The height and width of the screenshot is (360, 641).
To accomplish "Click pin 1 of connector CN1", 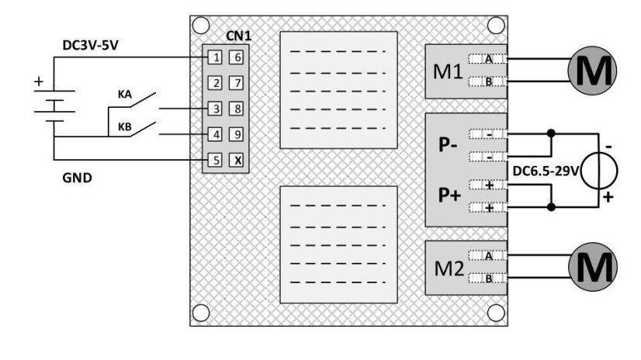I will [x=217, y=57].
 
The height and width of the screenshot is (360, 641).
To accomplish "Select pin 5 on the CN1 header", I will [x=217, y=160].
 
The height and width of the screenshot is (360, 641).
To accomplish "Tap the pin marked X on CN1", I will [x=238, y=160].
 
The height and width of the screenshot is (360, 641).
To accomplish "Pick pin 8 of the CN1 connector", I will [x=238, y=108].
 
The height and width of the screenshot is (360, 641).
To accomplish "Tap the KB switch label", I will [x=123, y=126].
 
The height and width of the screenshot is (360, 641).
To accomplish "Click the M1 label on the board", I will [x=449, y=70].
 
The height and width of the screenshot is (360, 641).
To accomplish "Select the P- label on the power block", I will [x=449, y=146].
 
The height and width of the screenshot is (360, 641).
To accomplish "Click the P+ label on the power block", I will [x=449, y=196].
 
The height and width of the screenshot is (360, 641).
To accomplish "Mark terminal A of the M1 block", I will [x=488, y=58].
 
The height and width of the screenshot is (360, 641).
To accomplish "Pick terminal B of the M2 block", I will [x=488, y=279].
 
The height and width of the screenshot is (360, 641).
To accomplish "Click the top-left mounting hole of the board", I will [x=202, y=26].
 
